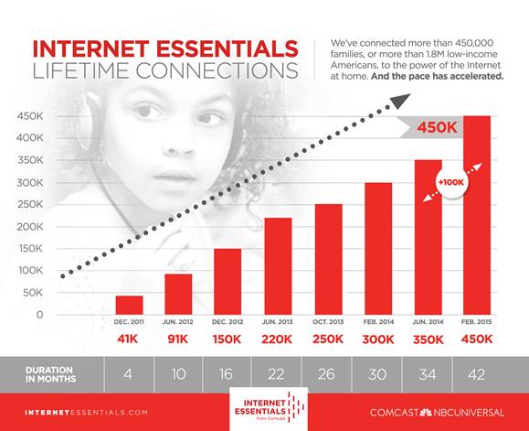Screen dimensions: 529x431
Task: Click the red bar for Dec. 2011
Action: coord(129,305)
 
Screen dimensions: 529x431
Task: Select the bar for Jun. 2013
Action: coord(278,266)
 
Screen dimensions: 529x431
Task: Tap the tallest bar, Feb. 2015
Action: coord(477,215)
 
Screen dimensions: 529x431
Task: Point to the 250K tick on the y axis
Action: coord(30,204)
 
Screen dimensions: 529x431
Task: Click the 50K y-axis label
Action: coord(33,293)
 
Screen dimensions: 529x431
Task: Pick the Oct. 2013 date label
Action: coord(328,322)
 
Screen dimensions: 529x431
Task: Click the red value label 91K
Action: coord(178,339)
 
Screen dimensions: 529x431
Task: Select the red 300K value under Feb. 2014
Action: coord(378,339)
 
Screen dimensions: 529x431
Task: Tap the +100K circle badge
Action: coord(451,182)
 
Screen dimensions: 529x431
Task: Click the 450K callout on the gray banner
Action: coord(437,128)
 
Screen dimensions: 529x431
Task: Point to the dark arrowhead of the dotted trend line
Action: coord(400,101)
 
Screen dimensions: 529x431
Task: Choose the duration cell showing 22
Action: coord(276,374)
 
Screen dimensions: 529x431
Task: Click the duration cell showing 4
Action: coord(128,374)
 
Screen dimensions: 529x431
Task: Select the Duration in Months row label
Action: coord(50,374)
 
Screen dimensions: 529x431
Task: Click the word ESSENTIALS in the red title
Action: coord(227,48)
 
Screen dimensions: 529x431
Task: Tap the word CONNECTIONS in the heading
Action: coord(217,70)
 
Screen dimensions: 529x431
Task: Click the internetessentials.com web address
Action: coord(87,413)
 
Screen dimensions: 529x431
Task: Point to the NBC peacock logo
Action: coord(426,412)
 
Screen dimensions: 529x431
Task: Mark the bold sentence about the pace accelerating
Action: coord(438,76)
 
